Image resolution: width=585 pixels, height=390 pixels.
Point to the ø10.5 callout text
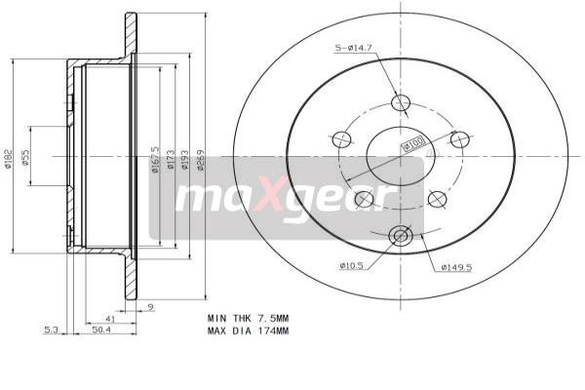[x=353, y=265]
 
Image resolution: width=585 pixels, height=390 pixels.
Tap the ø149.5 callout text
[x=456, y=265]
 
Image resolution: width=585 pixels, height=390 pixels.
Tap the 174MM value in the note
[x=272, y=331]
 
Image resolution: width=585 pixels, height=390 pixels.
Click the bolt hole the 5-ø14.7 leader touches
[x=400, y=103]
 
